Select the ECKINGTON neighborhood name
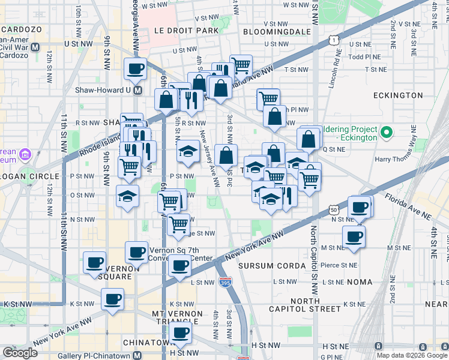point(398,95)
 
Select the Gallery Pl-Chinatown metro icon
point(137,356)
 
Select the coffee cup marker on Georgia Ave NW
point(136,68)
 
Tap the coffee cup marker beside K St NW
point(112,299)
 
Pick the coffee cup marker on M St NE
point(354,236)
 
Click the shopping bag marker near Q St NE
point(309,139)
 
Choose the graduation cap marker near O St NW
point(128,197)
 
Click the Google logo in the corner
point(20,353)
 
